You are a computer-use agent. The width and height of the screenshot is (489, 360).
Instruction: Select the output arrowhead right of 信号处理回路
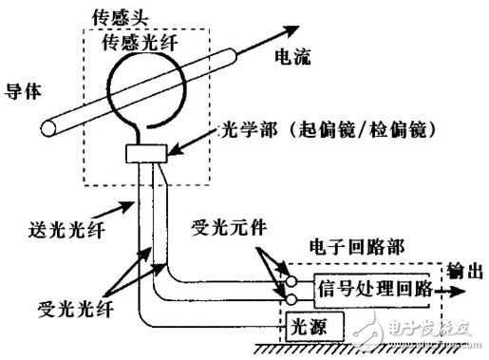(466, 287)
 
